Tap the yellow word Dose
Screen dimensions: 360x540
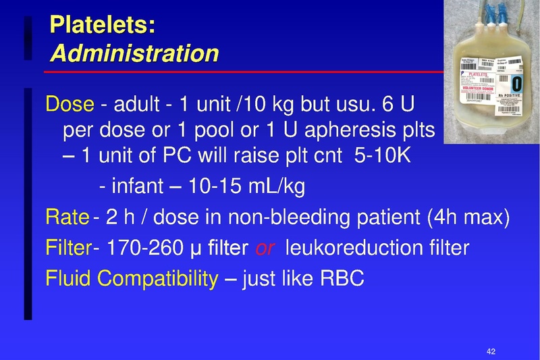69,105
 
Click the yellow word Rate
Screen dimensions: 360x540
67,217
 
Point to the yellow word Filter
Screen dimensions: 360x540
68,248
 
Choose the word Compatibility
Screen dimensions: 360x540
160,278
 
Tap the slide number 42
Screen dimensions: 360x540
491,351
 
